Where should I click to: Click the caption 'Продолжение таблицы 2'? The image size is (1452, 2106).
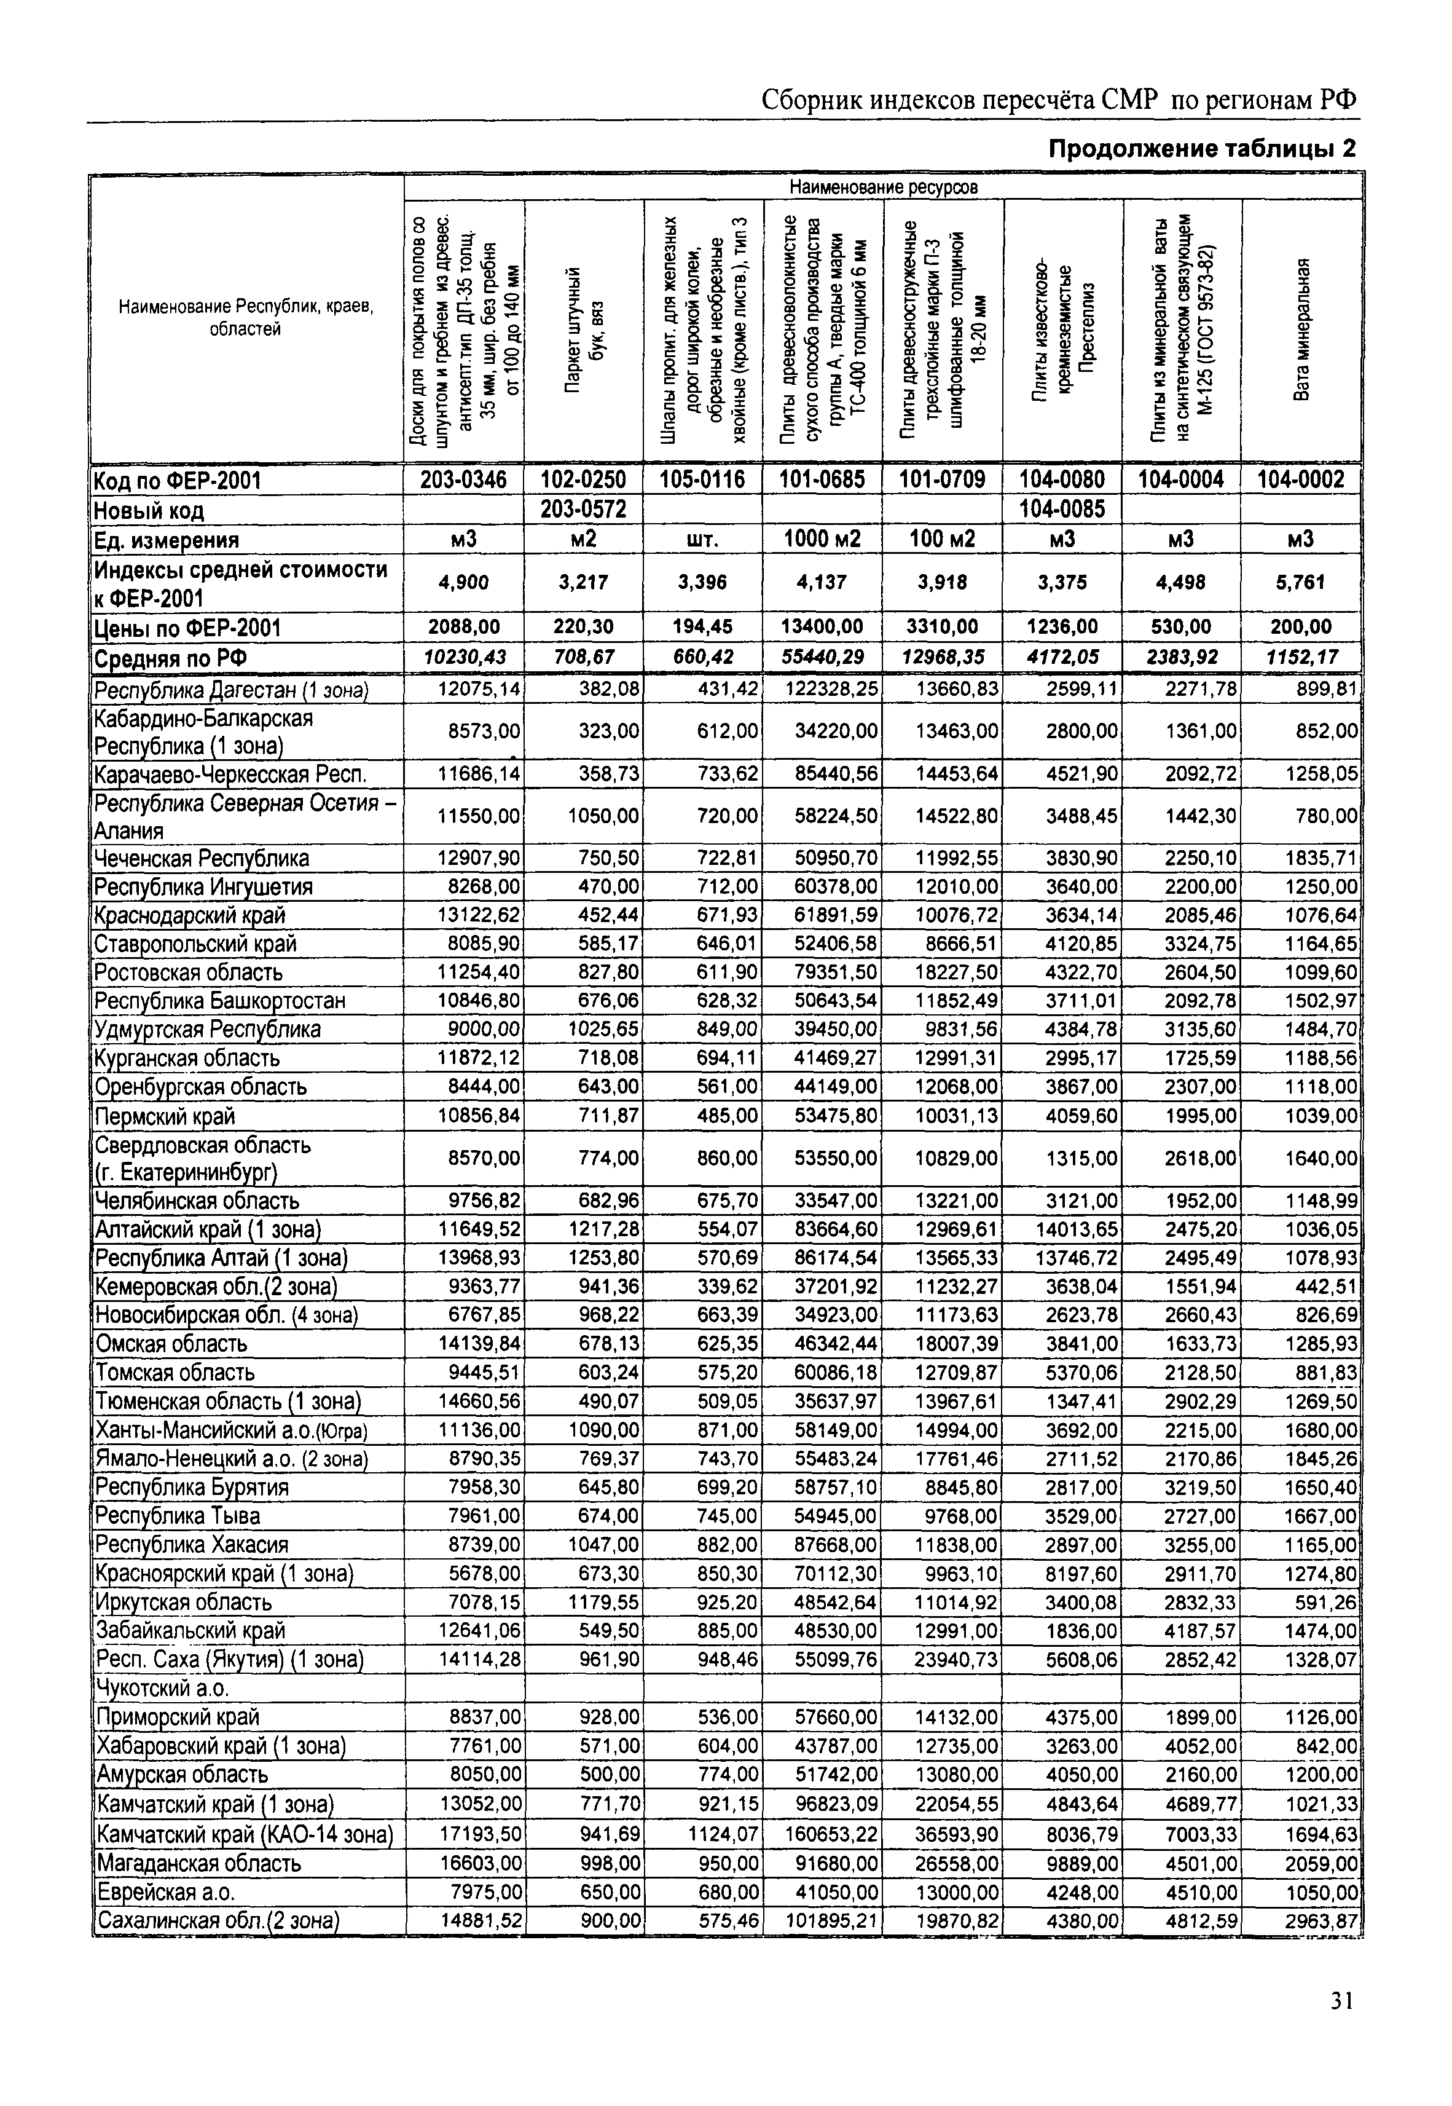pyautogui.click(x=1202, y=148)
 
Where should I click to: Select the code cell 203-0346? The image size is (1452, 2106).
pyautogui.click(x=463, y=479)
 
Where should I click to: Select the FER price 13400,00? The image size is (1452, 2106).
pyautogui.click(x=822, y=627)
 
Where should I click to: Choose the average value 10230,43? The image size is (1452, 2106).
pyautogui.click(x=463, y=657)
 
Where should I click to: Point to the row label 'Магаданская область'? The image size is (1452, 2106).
pyautogui.click(x=198, y=1863)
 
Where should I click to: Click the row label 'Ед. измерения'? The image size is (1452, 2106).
pyautogui.click(x=167, y=540)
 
